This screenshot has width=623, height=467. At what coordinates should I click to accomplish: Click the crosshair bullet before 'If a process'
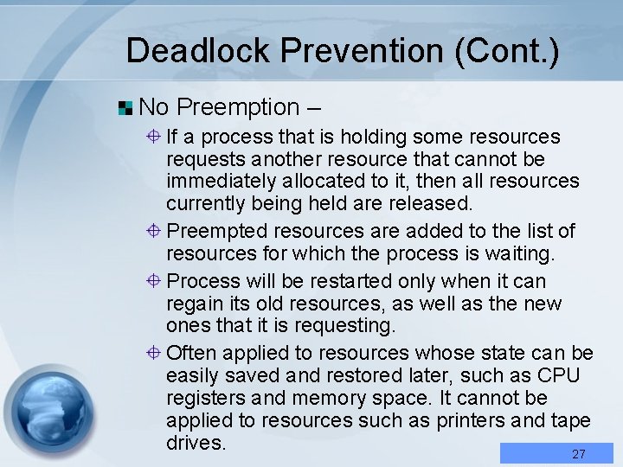tap(152, 137)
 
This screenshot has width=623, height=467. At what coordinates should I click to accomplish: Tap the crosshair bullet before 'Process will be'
tap(152, 281)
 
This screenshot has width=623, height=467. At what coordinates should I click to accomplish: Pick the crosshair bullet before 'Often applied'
tap(152, 353)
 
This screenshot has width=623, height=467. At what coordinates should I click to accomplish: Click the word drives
tap(196, 443)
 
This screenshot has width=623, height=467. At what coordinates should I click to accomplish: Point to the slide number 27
tap(579, 454)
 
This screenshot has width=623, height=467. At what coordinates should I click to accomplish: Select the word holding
tap(375, 137)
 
